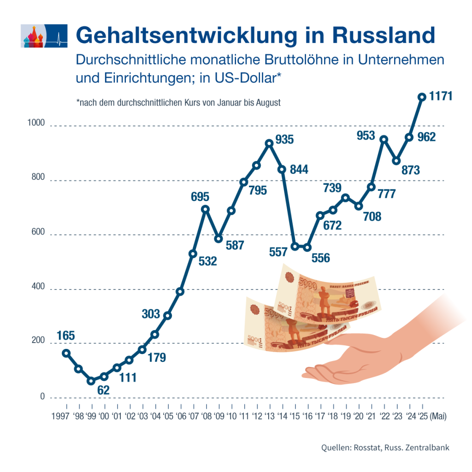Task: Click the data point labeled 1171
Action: pyautogui.click(x=421, y=97)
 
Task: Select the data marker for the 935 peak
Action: pyautogui.click(x=270, y=143)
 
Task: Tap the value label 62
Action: pyautogui.click(x=103, y=390)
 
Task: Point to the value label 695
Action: pyautogui.click(x=200, y=197)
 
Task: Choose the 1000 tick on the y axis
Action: pyautogui.click(x=35, y=123)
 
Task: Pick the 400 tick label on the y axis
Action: pyautogui.click(x=37, y=287)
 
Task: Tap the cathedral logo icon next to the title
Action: pyautogui.click(x=45, y=36)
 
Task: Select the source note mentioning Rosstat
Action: pyautogui.click(x=385, y=448)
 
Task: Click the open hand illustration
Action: pyautogui.click(x=369, y=350)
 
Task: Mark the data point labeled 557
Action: pyautogui.click(x=295, y=246)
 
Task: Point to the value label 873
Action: pyautogui.click(x=410, y=170)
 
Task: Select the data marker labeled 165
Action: pyautogui.click(x=66, y=353)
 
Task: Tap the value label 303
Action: pyautogui.click(x=151, y=314)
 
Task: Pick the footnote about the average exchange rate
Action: pyautogui.click(x=179, y=102)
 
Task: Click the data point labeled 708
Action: pyautogui.click(x=358, y=206)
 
